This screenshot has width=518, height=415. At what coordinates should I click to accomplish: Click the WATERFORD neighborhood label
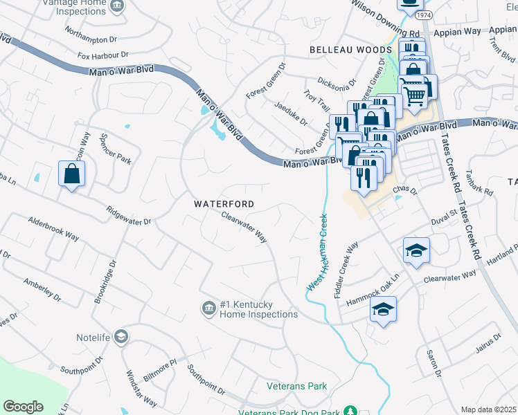224,205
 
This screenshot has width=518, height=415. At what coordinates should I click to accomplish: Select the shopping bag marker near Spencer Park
72,174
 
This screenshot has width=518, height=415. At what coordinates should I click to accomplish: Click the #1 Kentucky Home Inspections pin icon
208,308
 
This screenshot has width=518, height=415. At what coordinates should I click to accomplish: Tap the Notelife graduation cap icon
120,337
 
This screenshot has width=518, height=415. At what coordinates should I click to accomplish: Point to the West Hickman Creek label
316,252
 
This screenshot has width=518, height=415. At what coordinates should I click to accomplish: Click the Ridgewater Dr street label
128,216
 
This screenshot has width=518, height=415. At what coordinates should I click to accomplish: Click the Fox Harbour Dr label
103,55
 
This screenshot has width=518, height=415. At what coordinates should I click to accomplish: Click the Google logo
23,407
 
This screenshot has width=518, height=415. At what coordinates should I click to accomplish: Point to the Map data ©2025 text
488,409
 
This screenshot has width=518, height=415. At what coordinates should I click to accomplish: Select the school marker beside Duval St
416,250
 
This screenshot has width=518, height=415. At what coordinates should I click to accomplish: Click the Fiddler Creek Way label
346,270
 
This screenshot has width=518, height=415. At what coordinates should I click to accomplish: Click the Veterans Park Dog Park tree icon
350,412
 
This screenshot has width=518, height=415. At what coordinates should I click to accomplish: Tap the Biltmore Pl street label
160,365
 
